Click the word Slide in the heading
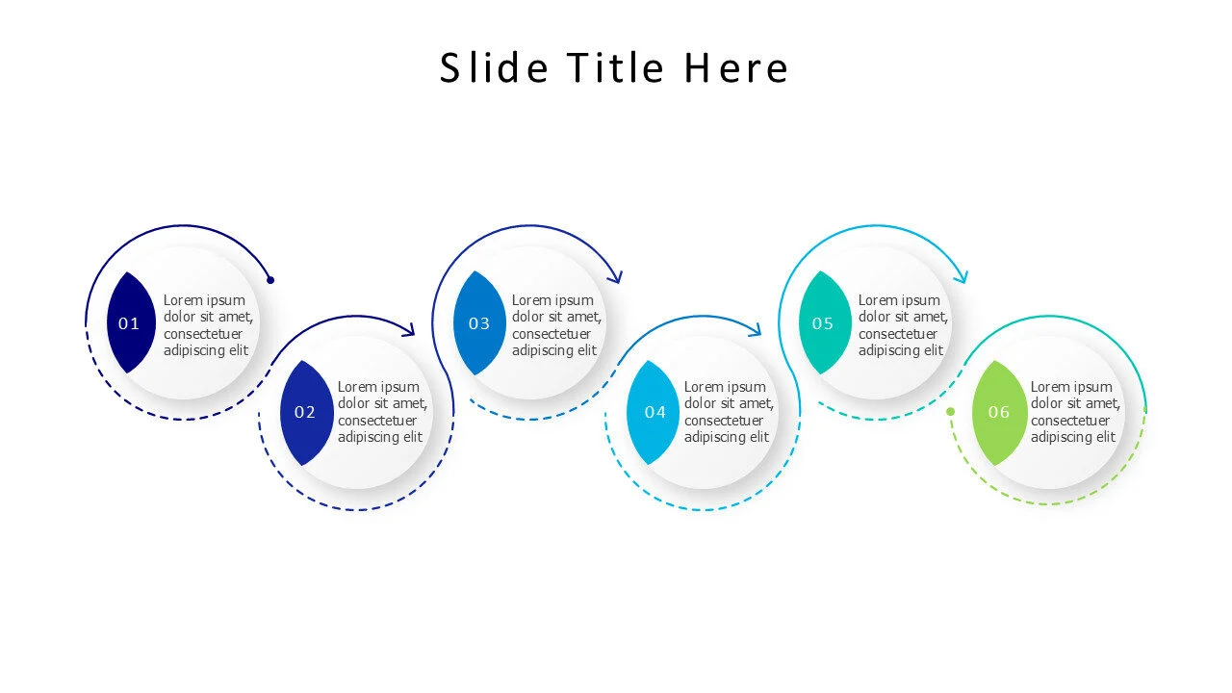tap(494, 68)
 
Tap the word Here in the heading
tap(736, 68)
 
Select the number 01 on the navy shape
tap(129, 323)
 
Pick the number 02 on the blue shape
tap(305, 412)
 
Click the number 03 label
tap(479, 323)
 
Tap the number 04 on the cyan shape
tap(655, 412)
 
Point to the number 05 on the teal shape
tap(823, 323)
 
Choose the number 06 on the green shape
tap(999, 412)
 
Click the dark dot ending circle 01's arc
tap(270, 280)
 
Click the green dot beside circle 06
tap(950, 411)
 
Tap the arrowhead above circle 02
tap(409, 330)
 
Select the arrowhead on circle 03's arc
tap(616, 277)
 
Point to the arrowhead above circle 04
tap(756, 330)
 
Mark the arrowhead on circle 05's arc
tap(962, 277)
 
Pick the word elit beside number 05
tap(930, 350)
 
